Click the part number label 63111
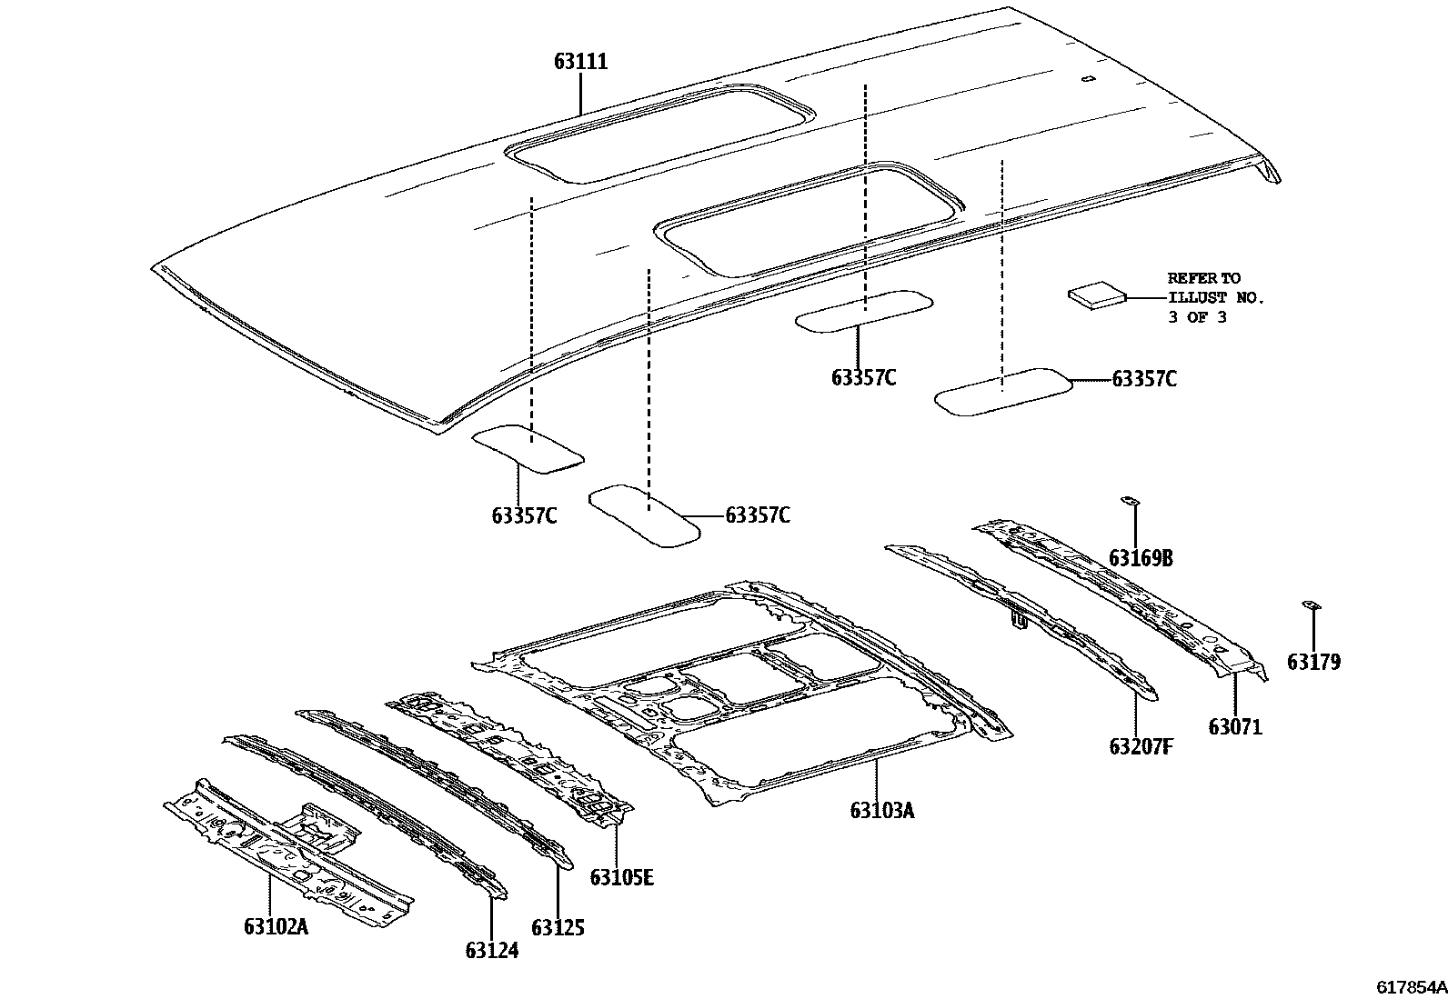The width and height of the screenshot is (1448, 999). point(580,62)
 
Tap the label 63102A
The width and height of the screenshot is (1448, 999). point(276,926)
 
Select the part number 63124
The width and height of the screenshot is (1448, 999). point(491,950)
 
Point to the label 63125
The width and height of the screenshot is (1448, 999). point(558,927)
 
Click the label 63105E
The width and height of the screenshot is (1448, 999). point(621,877)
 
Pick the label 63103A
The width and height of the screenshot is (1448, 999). point(881,809)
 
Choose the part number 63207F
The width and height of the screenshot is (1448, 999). point(1141,746)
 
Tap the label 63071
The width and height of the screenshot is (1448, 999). point(1235,727)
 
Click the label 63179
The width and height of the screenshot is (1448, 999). point(1313,663)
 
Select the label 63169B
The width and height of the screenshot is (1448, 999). point(1141,558)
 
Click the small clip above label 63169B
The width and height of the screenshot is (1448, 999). point(1131,500)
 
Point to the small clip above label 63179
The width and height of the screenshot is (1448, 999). point(1311,604)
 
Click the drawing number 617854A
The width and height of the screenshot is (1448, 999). point(1411,987)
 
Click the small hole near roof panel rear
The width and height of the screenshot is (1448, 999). point(1086,78)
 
